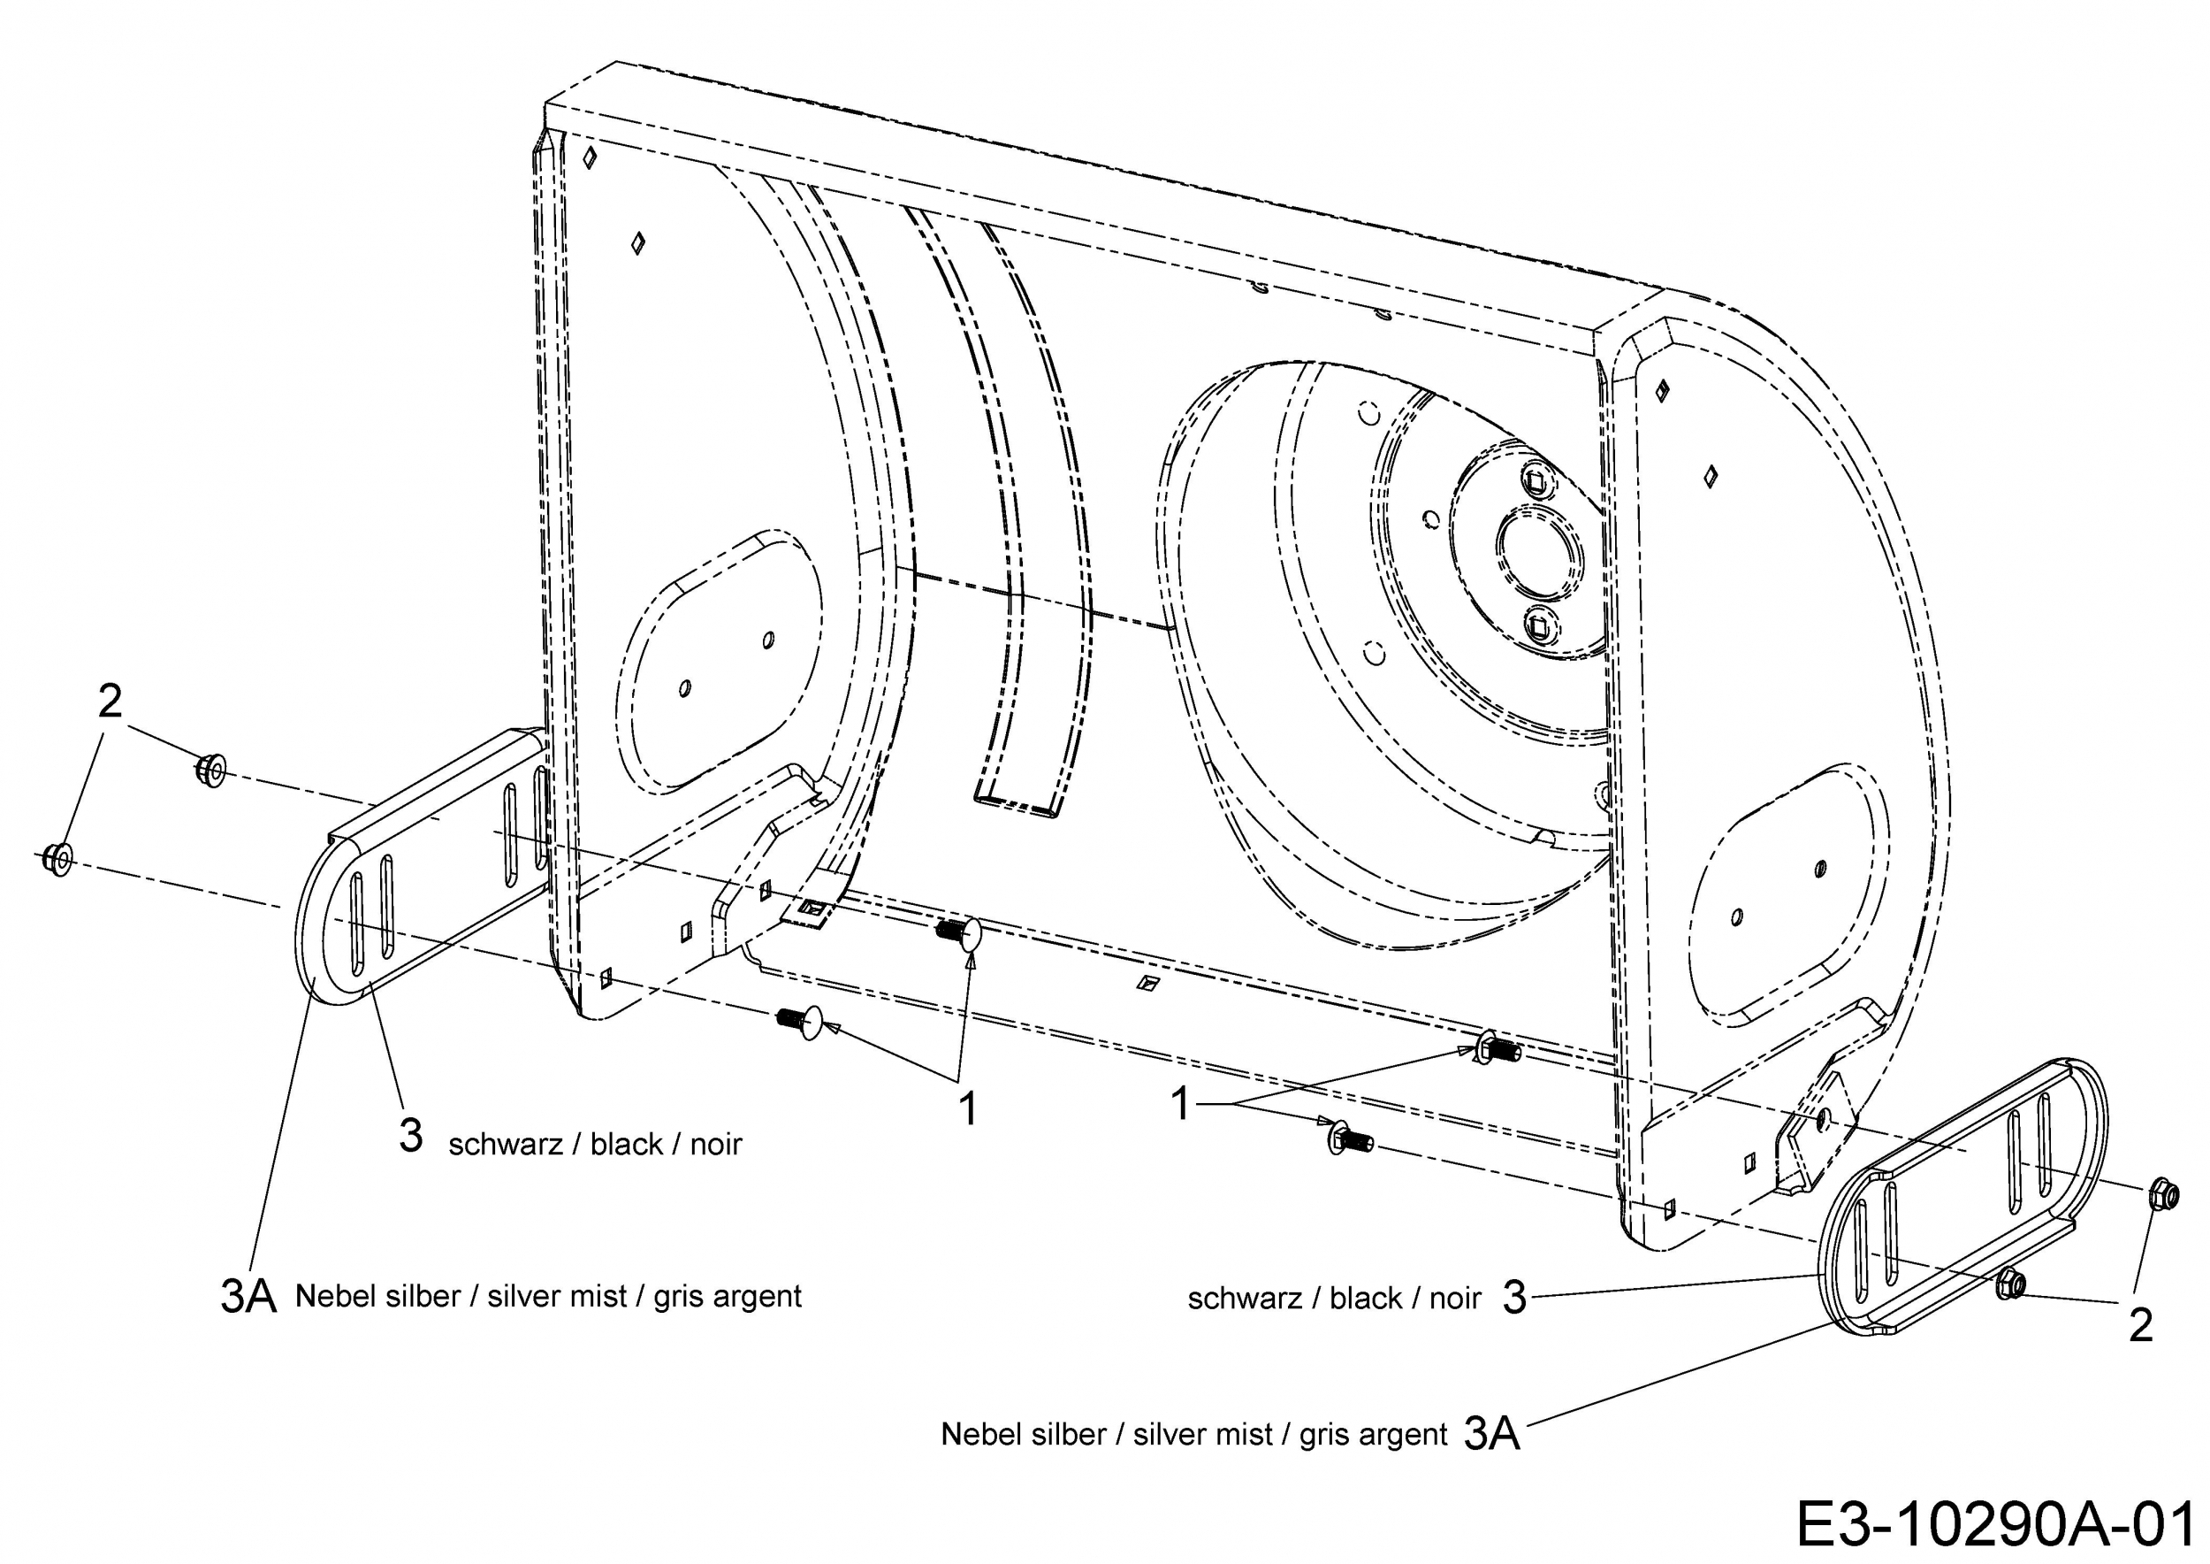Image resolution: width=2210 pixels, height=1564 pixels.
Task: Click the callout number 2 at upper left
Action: click(110, 702)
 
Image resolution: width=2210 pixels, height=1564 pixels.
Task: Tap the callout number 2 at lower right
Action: click(2140, 1326)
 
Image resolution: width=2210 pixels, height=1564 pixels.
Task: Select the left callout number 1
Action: click(968, 1108)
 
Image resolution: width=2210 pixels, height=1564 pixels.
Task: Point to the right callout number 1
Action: click(1181, 1103)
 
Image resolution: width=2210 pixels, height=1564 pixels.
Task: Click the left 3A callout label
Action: click(248, 1297)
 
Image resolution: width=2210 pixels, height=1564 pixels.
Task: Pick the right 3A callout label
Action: click(1492, 1435)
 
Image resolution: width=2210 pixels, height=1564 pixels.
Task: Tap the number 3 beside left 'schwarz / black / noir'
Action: click(411, 1137)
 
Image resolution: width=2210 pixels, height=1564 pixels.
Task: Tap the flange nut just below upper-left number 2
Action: click(210, 770)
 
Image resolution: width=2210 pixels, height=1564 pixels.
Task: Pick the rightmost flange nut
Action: click(2162, 1195)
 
